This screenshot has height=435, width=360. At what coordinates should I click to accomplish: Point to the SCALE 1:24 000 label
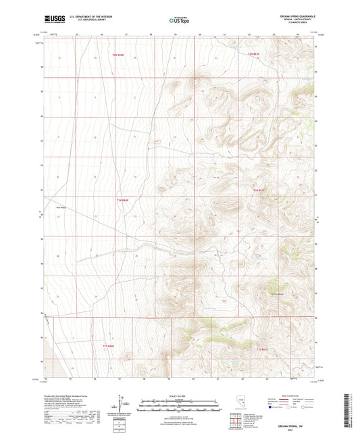[179, 395]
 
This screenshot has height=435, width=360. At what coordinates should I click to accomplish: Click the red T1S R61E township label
[263, 349]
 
